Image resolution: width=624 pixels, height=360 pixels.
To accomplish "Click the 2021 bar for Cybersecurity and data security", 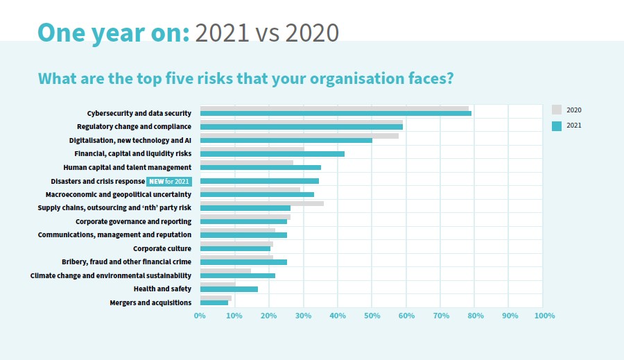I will click(x=336, y=114).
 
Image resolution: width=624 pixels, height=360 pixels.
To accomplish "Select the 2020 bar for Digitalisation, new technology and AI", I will click(x=299, y=135).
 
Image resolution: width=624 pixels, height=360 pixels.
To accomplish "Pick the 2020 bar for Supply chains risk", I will click(x=261, y=203).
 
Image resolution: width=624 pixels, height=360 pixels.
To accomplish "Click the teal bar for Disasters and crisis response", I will click(x=259, y=181).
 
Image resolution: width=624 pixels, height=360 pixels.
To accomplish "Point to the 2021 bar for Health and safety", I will click(x=229, y=289).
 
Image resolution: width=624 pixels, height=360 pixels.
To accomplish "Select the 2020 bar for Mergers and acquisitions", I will click(x=216, y=298).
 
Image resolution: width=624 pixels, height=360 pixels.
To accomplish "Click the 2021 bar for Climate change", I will click(x=237, y=275).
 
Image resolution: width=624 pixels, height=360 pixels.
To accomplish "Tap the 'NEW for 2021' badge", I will click(x=169, y=181).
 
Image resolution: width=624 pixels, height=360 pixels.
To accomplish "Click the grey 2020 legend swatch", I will click(x=556, y=110).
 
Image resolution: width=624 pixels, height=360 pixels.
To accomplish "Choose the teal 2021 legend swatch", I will click(x=556, y=126).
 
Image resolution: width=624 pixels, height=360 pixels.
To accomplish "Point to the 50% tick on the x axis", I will click(x=372, y=316).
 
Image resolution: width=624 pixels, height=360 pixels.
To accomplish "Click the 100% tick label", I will click(x=544, y=316).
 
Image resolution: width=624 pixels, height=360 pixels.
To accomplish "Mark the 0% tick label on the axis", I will click(x=200, y=316).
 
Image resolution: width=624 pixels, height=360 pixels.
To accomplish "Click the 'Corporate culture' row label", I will click(x=162, y=248).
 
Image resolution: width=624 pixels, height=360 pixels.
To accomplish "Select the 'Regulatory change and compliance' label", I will click(x=134, y=126).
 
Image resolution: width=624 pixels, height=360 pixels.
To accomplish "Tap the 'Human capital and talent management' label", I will click(x=127, y=167).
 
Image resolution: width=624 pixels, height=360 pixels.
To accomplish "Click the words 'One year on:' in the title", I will click(x=113, y=32).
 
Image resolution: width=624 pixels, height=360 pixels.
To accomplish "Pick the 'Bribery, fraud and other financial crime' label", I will click(x=126, y=262).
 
